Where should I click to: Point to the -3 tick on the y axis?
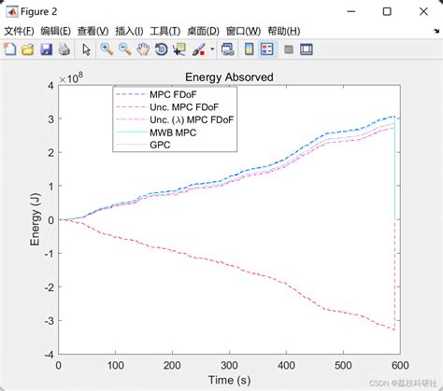tap(50, 321)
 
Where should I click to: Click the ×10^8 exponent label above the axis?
tap(70, 78)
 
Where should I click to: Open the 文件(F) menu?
tap(20, 31)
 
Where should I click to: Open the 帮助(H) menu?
tap(282, 31)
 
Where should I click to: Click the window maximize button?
tap(387, 10)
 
